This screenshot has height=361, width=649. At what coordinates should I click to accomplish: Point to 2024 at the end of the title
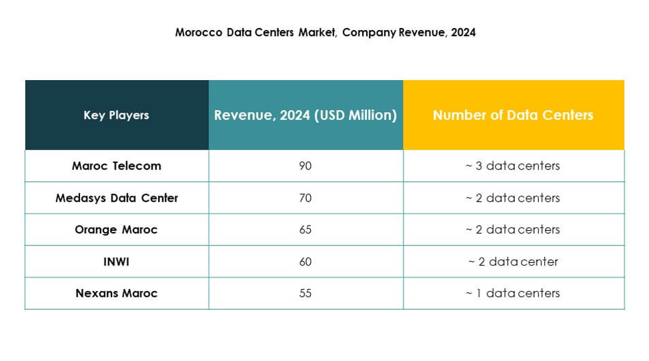(463, 32)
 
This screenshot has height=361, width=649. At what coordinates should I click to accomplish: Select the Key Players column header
(116, 115)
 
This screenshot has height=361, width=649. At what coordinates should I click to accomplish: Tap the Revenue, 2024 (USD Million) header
(305, 115)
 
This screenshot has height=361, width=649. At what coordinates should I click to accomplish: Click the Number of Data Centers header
(513, 115)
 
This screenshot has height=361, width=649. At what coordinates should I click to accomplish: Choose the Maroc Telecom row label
(116, 166)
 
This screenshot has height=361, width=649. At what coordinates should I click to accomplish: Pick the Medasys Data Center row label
(116, 198)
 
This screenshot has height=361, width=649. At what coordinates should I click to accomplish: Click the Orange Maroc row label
(116, 230)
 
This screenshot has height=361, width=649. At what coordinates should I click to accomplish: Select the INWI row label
(116, 262)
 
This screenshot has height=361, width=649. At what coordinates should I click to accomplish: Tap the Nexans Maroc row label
(116, 293)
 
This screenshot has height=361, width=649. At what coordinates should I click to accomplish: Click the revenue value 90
(305, 166)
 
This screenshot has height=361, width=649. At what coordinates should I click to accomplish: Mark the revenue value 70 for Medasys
(305, 198)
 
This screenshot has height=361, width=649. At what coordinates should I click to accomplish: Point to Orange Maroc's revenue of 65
(305, 230)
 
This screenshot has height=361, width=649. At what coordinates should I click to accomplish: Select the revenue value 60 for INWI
(305, 262)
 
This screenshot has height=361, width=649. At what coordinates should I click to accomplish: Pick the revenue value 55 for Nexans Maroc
(305, 293)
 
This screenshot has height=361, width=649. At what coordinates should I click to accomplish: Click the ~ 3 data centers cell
(513, 166)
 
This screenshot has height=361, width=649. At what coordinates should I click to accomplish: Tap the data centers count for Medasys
(513, 198)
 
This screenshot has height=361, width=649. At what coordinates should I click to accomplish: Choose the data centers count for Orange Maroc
(513, 230)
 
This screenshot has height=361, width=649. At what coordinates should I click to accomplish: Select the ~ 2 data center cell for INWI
(513, 262)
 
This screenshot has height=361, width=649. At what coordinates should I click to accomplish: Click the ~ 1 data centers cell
(513, 293)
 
